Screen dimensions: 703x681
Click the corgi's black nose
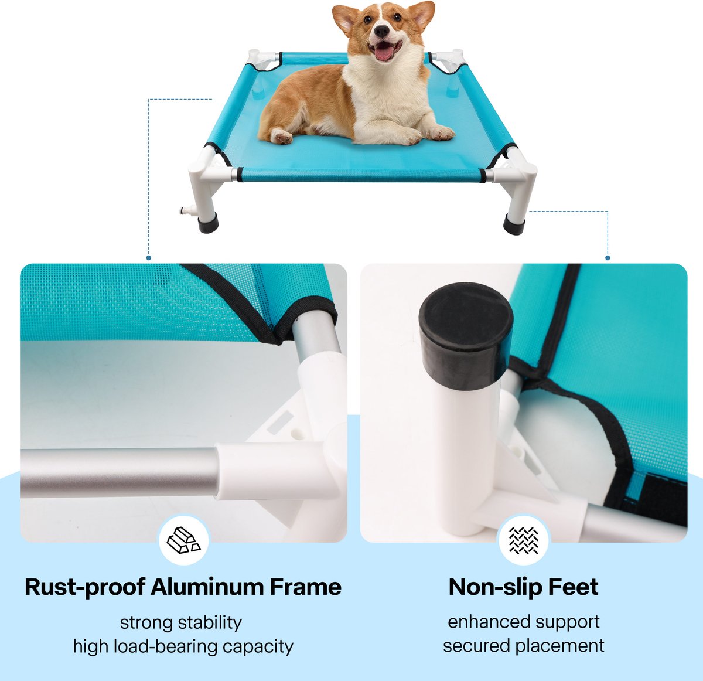pos(381,31)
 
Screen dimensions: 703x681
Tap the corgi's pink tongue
pos(384,53)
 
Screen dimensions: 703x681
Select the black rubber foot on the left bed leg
pos(208,223)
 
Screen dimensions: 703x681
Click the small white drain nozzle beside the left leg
pos(187,210)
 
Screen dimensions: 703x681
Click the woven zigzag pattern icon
pos(524,540)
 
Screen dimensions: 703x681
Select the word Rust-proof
pos(85,588)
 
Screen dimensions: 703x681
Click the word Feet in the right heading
pos(574,587)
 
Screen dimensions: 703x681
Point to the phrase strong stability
pos(181,623)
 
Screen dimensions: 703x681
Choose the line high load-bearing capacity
pos(183,646)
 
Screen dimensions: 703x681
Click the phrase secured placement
pos(524,646)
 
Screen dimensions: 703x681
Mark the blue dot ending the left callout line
pos(148,258)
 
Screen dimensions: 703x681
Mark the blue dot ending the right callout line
pos(608,258)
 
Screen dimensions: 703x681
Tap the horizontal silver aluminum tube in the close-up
pos(119,473)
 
